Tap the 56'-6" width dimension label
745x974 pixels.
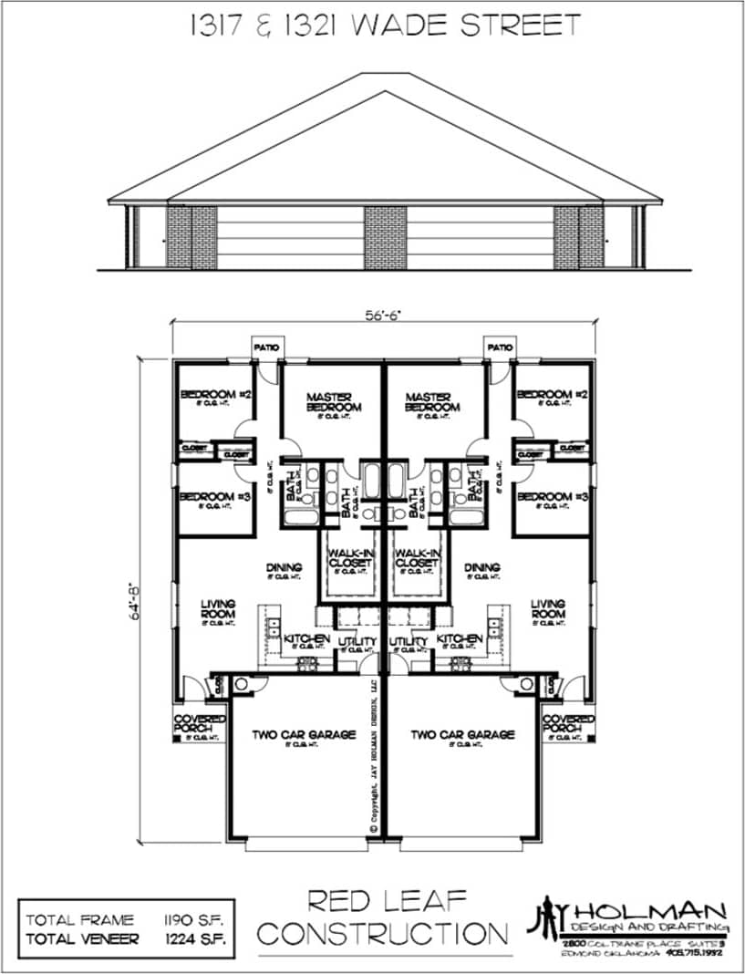(x=383, y=315)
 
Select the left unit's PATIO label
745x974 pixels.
(x=267, y=347)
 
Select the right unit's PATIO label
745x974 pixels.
(x=499, y=347)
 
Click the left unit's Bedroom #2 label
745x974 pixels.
(x=216, y=395)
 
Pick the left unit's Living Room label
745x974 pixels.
(x=218, y=608)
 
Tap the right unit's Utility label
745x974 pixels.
(x=408, y=643)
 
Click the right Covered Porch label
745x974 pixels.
(x=568, y=724)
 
